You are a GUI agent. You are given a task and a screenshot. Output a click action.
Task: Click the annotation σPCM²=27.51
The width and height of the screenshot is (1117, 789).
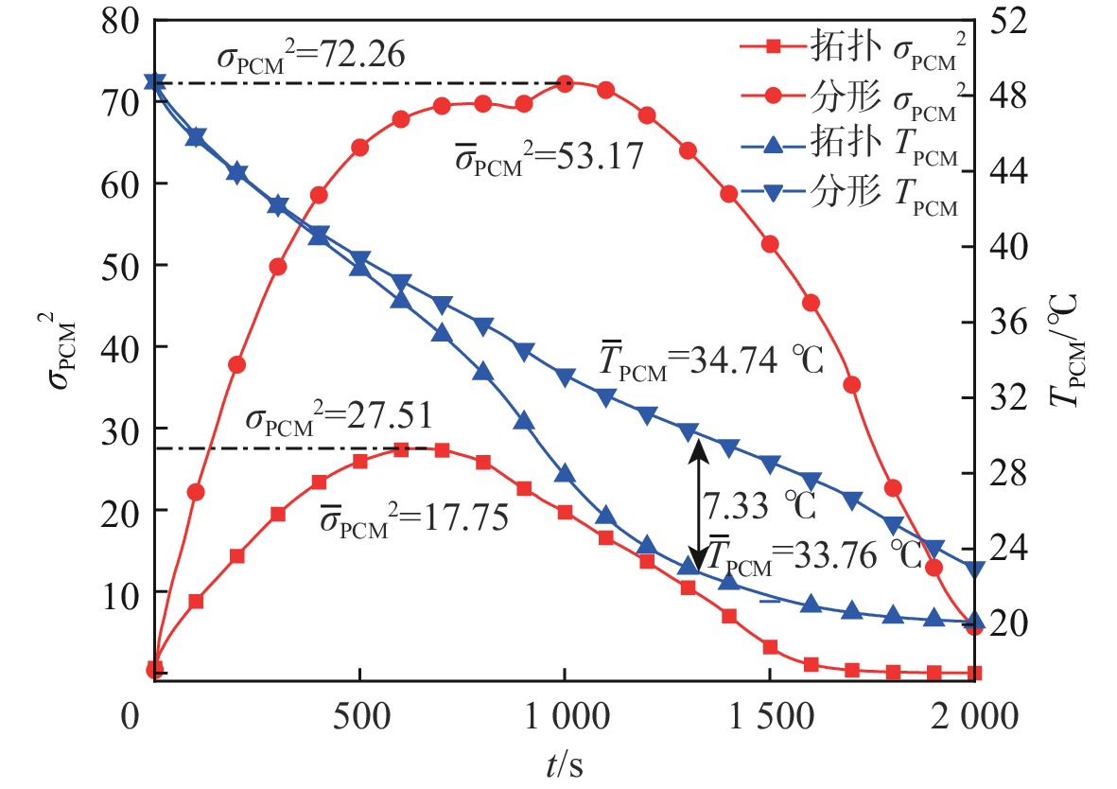point(340,417)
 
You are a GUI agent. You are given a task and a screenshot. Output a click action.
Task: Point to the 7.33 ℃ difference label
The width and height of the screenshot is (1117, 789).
point(759,506)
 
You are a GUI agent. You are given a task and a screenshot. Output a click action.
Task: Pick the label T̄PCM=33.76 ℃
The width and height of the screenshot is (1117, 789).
point(815,555)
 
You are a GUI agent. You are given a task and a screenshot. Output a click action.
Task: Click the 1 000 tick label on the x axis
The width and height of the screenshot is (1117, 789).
point(565,718)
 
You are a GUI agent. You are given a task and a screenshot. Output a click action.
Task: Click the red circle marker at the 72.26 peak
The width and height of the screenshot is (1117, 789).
point(565,84)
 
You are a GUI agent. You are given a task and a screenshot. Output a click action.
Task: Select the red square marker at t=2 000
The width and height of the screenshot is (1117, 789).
point(975,674)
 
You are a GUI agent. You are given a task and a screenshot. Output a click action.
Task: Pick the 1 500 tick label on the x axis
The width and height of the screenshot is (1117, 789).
point(770,718)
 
